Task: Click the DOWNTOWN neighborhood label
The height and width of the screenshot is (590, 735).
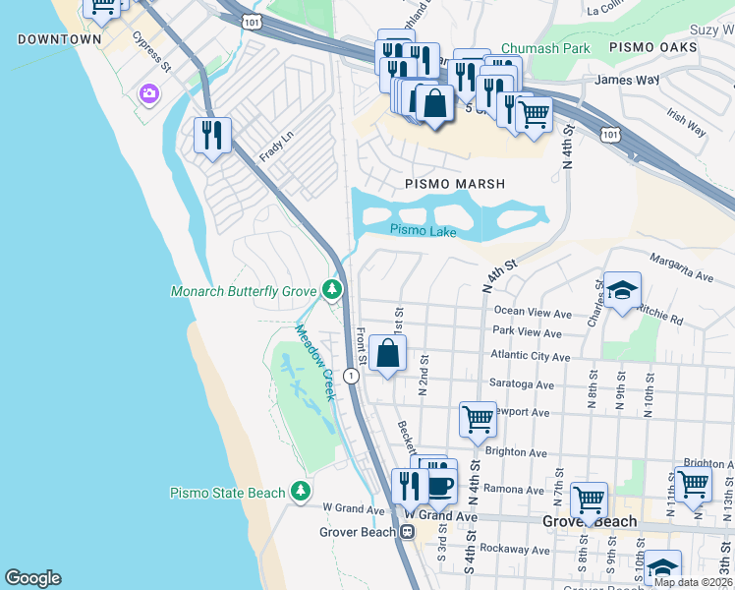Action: click(x=59, y=40)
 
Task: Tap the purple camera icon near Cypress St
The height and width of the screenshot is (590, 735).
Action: click(x=149, y=94)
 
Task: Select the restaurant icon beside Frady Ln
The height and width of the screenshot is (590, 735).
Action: click(x=212, y=134)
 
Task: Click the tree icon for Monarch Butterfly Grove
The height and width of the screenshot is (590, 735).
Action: click(x=333, y=290)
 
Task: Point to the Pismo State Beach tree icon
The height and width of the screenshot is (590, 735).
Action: click(x=302, y=492)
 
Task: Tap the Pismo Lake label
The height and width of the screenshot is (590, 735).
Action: click(x=423, y=231)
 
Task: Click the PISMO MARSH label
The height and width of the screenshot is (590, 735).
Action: click(x=455, y=184)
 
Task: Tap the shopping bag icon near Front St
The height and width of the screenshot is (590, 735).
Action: click(x=388, y=353)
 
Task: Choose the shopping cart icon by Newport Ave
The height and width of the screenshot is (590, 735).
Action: click(x=478, y=417)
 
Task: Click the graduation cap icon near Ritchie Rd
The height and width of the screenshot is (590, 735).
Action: click(x=622, y=290)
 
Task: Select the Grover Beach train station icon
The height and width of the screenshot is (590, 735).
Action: click(x=407, y=532)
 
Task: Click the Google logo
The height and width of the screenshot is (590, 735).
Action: click(x=32, y=578)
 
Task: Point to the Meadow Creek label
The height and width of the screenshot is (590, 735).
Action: click(x=315, y=363)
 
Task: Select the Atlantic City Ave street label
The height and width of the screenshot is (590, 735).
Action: click(x=532, y=357)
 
